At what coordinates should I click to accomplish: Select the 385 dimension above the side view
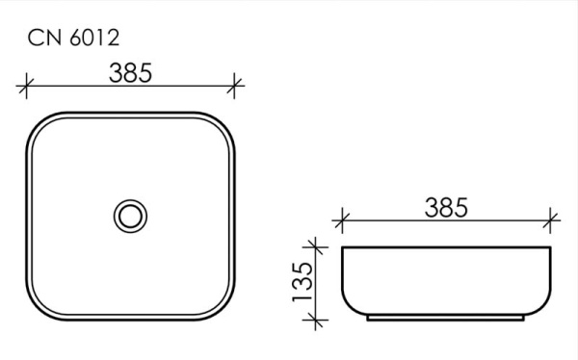(x=446, y=206)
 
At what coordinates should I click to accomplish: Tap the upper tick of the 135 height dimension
(x=315, y=247)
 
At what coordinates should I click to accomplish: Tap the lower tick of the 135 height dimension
(x=315, y=320)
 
